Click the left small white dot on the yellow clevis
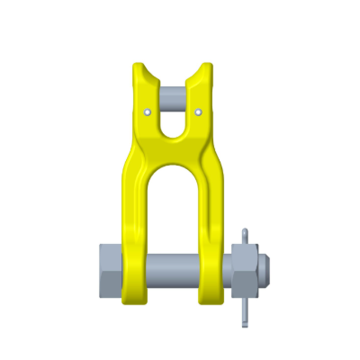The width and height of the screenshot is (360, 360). (x=147, y=112)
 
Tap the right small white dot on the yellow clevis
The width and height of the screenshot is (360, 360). (x=198, y=112)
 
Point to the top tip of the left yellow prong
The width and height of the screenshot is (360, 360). (x=139, y=66)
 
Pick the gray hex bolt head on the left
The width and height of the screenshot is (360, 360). (x=109, y=270)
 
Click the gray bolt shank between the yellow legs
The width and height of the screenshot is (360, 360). (x=173, y=268)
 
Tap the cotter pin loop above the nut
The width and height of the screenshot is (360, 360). (x=247, y=237)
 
